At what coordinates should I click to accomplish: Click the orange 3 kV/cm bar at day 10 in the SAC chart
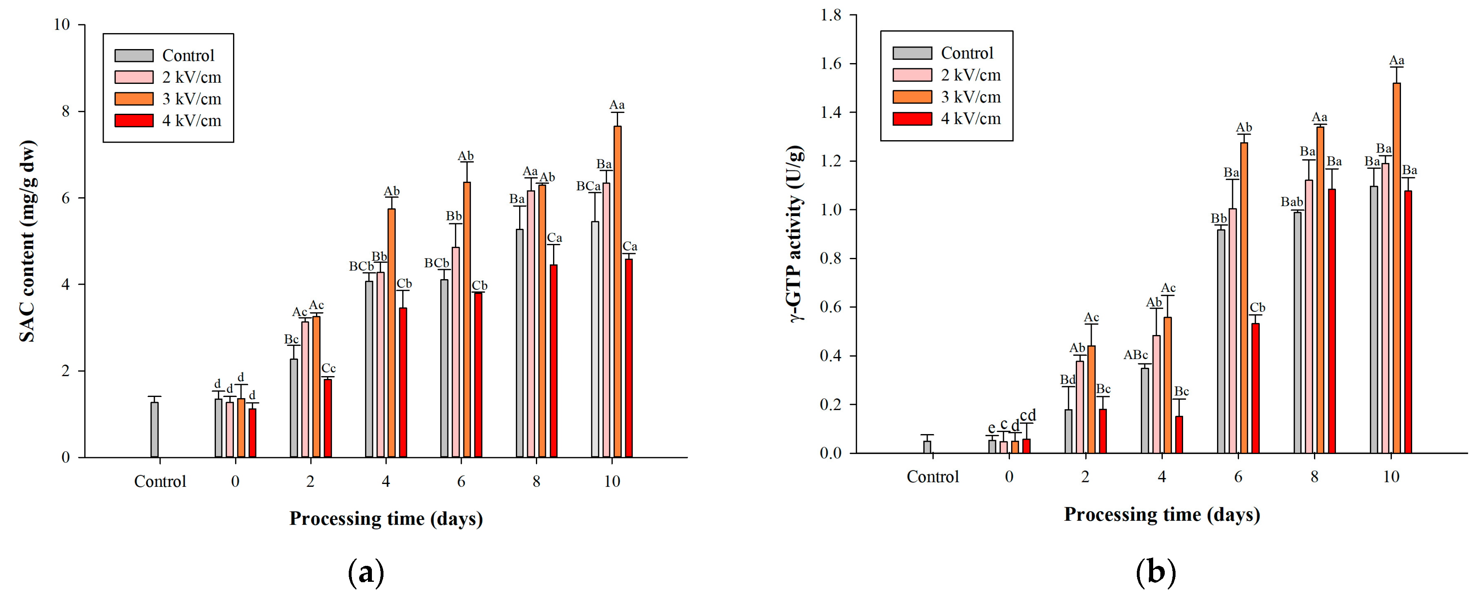tap(617, 292)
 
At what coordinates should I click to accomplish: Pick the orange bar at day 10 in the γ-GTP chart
tap(1396, 270)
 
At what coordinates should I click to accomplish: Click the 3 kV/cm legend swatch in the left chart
tap(134, 99)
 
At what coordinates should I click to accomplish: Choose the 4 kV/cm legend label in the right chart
tap(970, 119)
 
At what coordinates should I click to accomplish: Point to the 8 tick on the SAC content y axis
tap(65, 111)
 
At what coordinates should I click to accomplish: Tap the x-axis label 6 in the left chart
tap(461, 482)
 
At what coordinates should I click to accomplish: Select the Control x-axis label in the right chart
tap(932, 477)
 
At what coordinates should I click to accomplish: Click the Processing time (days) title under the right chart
tap(1162, 514)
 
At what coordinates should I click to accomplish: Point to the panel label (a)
tap(366, 572)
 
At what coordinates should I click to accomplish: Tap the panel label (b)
tap(1156, 572)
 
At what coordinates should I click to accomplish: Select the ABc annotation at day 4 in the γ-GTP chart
tap(1135, 355)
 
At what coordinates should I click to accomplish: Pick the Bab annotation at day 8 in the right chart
tap(1292, 202)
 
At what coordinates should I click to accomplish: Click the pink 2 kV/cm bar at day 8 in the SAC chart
tap(531, 324)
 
